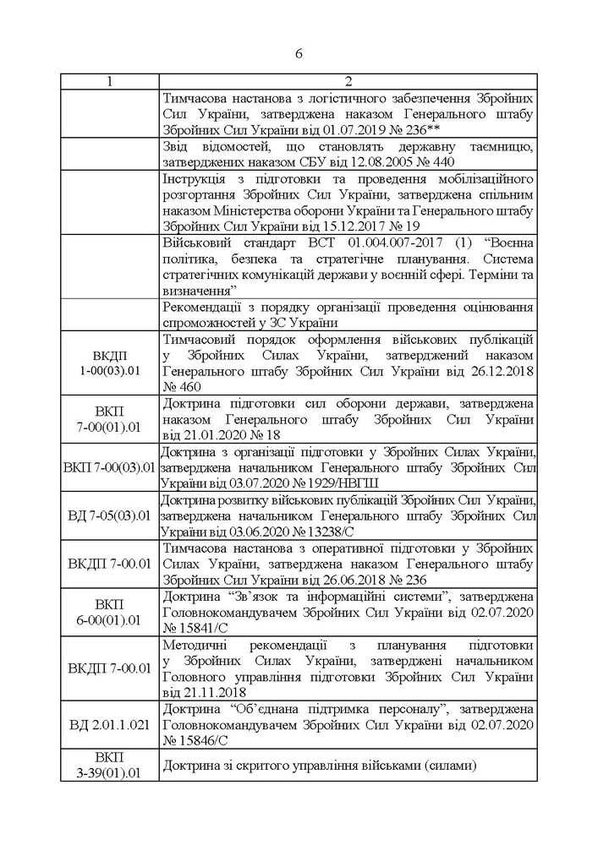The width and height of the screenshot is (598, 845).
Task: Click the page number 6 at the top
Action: (x=299, y=52)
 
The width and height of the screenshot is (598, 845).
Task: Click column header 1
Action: (x=108, y=81)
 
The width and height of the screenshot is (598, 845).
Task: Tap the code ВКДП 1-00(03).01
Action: (x=108, y=362)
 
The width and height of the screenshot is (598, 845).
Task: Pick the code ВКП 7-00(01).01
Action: (x=108, y=412)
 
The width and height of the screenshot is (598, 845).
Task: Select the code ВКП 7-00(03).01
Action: (x=108, y=466)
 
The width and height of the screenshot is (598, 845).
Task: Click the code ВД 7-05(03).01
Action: (x=108, y=514)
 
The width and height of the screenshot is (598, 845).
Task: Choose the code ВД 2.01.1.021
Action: (x=108, y=725)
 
